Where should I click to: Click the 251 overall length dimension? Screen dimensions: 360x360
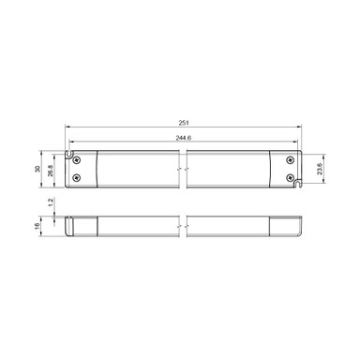click(x=185, y=123)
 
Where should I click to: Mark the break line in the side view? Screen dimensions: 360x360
click(x=185, y=225)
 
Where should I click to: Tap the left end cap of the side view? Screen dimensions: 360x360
click(x=82, y=225)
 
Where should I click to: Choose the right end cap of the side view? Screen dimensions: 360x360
click(x=285, y=225)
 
